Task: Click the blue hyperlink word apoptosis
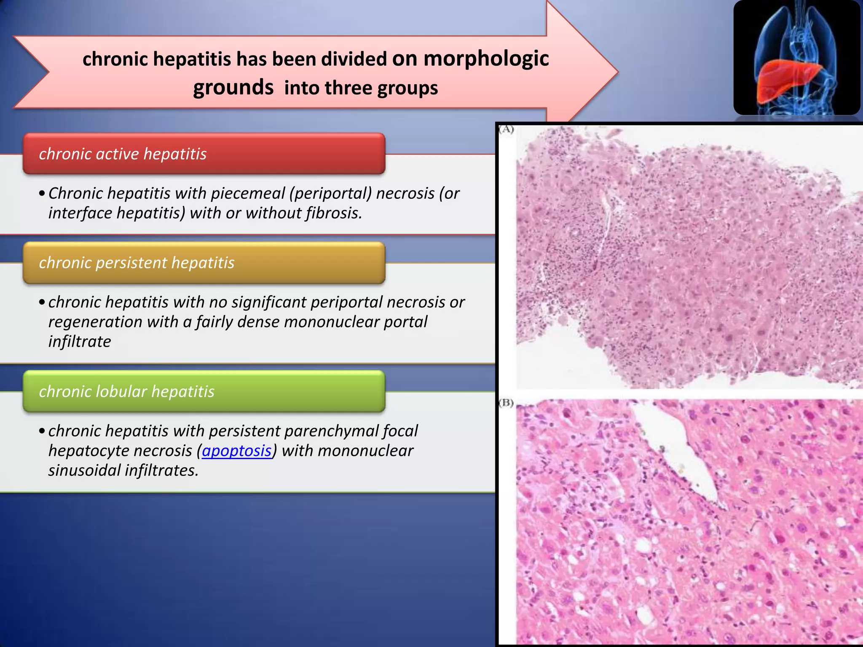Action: [236, 451]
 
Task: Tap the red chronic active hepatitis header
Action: [204, 154]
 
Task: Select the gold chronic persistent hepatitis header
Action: [204, 262]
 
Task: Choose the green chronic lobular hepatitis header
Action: [204, 391]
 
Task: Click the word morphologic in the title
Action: [486, 58]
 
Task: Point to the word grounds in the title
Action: [233, 88]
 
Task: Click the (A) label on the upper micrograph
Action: [506, 129]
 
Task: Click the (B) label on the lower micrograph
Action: [506, 403]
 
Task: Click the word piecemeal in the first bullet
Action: [248, 193]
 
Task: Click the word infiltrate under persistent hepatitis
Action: [80, 342]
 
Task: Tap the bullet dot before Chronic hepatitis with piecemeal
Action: [41, 194]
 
